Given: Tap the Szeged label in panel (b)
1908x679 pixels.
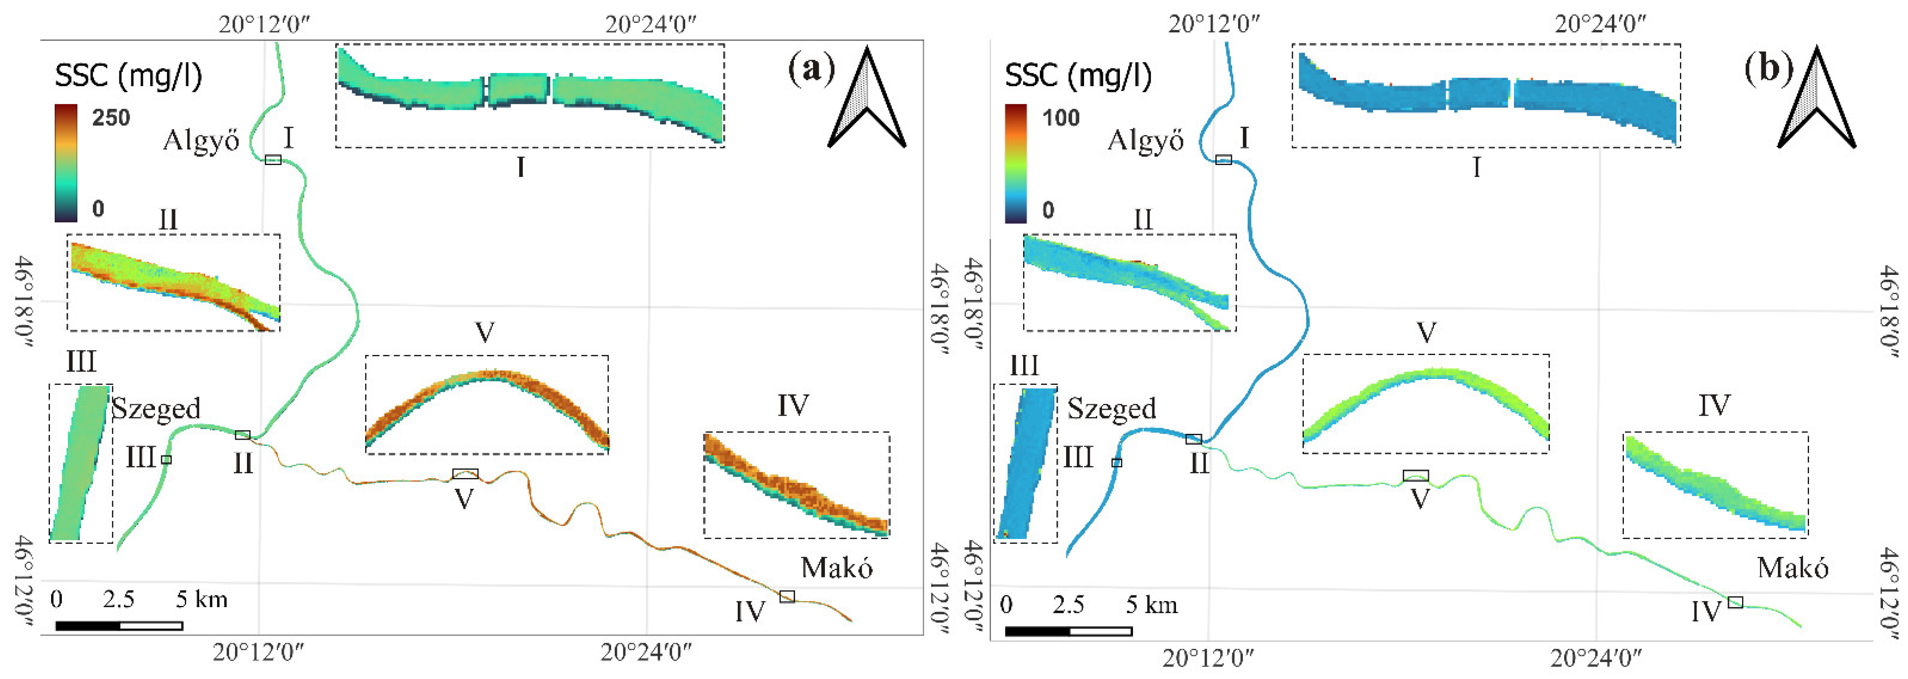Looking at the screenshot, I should click(1111, 408).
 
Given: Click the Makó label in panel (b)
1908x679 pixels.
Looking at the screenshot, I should click(1792, 568).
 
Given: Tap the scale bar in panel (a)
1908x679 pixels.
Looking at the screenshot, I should click(119, 626).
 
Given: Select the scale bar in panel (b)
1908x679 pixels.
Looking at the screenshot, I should click(1068, 631).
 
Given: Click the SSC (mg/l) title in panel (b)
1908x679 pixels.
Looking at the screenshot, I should click(1078, 76).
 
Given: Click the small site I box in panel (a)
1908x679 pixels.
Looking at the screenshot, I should click(273, 159).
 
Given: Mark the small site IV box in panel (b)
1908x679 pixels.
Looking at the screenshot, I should click(1736, 602).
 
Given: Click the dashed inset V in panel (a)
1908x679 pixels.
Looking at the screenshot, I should click(486, 404).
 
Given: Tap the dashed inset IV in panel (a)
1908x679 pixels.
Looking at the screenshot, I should click(796, 485).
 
